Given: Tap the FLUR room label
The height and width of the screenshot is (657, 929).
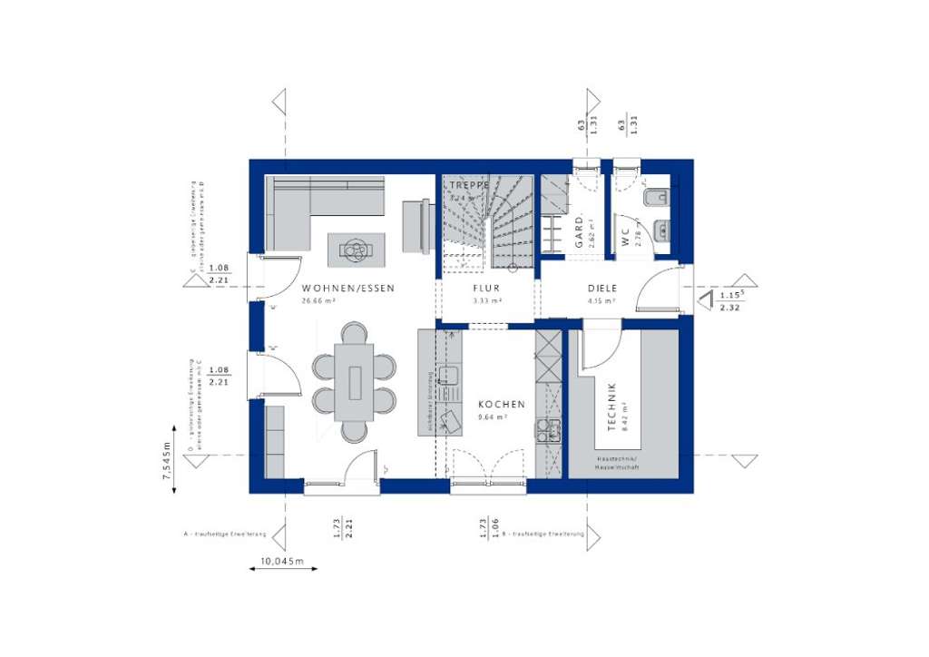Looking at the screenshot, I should pos(486,289).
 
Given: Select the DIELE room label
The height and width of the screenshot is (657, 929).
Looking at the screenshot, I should pos(601,289).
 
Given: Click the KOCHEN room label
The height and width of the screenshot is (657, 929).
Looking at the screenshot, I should pos(501,405).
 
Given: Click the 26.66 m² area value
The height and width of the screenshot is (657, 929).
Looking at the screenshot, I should pos(318,300).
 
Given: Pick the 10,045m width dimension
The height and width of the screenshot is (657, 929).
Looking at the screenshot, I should pos(281,561).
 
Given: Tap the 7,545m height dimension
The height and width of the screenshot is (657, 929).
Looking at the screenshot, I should pos(166,464).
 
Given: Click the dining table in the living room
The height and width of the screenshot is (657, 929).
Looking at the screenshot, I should pos(354,381).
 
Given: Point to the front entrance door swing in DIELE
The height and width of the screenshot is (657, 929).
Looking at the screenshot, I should pos(658,289).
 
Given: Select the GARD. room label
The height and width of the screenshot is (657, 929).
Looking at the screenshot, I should pos(579,230).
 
